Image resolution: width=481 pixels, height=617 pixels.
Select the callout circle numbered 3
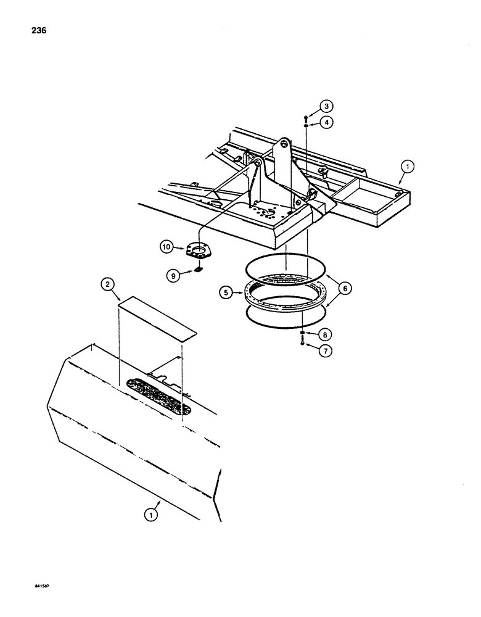coord(326,106)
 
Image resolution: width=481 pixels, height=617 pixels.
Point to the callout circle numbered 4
coord(326,122)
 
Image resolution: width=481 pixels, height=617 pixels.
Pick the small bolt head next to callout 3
coord(306,116)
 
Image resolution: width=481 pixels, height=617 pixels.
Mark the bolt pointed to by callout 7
coord(302,343)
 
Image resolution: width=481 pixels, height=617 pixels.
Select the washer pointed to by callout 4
coord(306,125)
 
